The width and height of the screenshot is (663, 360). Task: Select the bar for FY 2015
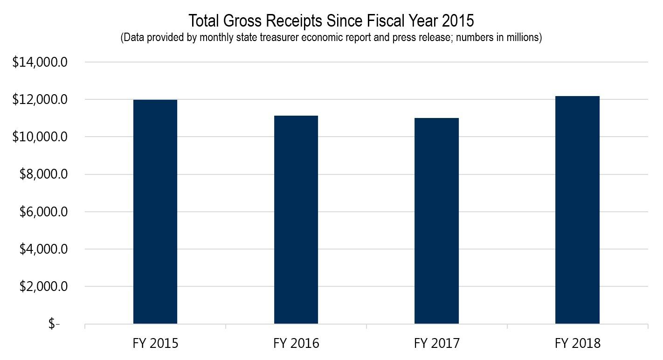155,212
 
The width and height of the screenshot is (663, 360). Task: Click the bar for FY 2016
296,220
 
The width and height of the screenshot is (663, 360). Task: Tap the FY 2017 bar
436,221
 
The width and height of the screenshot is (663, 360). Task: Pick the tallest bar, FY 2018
577,210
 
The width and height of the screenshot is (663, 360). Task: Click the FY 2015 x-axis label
155,344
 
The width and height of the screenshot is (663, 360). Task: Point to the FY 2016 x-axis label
296,344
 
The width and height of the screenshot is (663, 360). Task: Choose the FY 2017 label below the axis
436,344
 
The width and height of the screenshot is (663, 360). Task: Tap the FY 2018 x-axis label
577,344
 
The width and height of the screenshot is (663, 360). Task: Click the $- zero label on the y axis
54,324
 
